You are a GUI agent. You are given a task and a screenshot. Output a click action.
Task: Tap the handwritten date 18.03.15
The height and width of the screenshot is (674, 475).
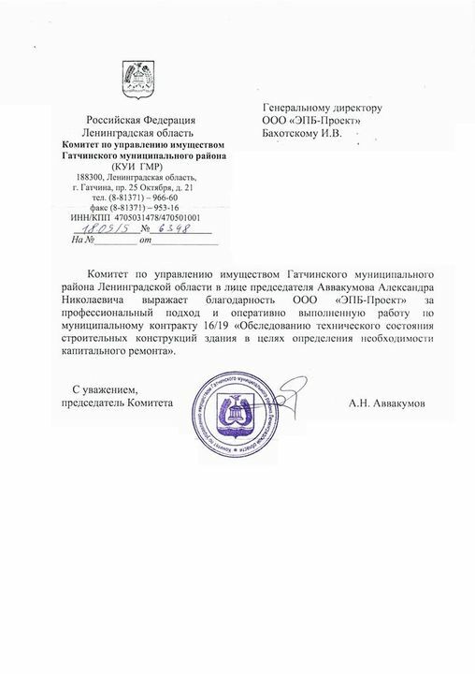(100, 227)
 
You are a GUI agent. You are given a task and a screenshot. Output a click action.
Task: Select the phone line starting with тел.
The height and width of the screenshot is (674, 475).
(140, 197)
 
